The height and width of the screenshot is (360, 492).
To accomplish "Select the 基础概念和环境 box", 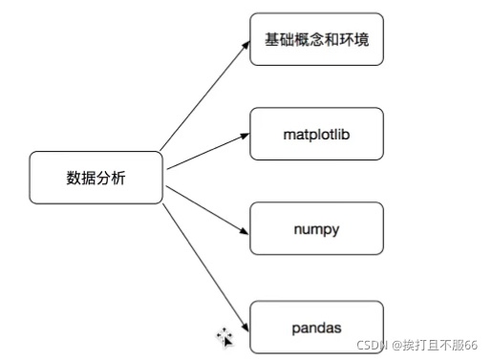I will pyautogui.click(x=316, y=39).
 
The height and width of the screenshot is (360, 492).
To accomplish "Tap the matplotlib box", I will pyautogui.click(x=316, y=134).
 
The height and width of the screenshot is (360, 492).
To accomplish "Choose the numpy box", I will pyautogui.click(x=316, y=228).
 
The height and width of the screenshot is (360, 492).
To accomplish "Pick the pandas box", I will pyautogui.click(x=316, y=327).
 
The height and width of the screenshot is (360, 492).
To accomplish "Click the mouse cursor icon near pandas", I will pyautogui.click(x=225, y=335).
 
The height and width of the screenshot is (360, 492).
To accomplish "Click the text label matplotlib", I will pyautogui.click(x=316, y=134).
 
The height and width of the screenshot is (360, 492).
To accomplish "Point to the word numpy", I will pyautogui.click(x=316, y=229).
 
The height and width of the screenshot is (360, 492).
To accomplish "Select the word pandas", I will pyautogui.click(x=316, y=328).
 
